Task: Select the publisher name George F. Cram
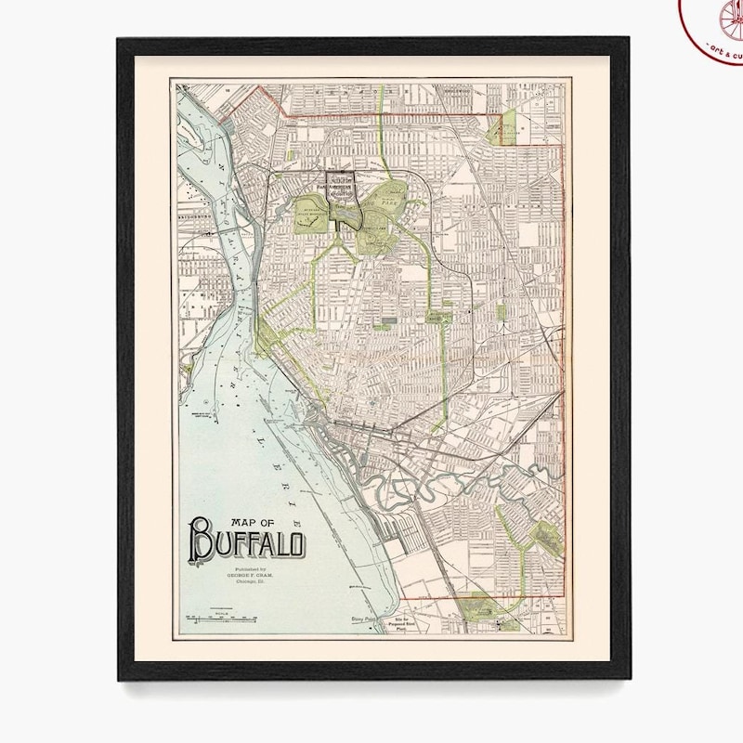(237, 574)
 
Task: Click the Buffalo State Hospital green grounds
(316, 198)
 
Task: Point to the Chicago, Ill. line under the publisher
(238, 581)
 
